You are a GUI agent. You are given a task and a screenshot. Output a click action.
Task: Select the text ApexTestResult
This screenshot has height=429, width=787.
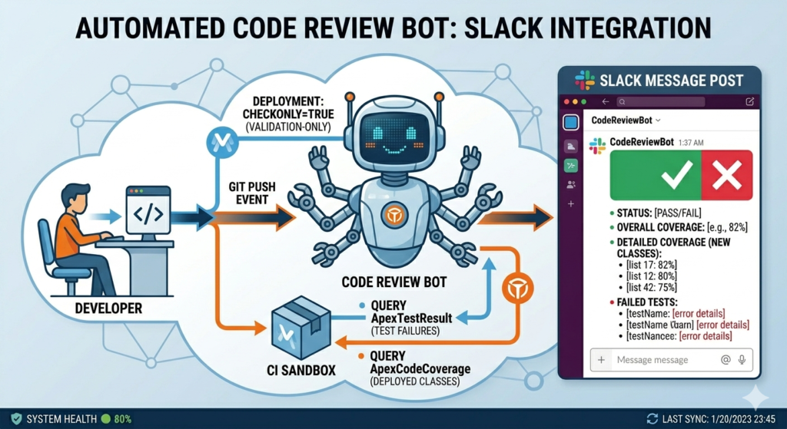(x=408, y=318)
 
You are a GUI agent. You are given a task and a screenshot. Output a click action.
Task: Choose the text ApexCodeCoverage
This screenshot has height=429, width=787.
(x=420, y=368)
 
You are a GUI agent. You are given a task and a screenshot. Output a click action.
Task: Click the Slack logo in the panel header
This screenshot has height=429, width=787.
(x=585, y=81)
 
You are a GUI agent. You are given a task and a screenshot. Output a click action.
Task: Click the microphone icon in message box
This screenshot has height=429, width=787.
(x=742, y=360)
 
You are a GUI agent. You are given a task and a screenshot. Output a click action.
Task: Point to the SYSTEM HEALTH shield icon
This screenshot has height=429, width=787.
(x=16, y=419)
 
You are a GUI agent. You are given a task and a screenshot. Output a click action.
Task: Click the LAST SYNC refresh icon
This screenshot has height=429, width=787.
(x=653, y=419)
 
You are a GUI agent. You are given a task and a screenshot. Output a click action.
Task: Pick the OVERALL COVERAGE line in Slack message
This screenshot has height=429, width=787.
(x=676, y=228)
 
